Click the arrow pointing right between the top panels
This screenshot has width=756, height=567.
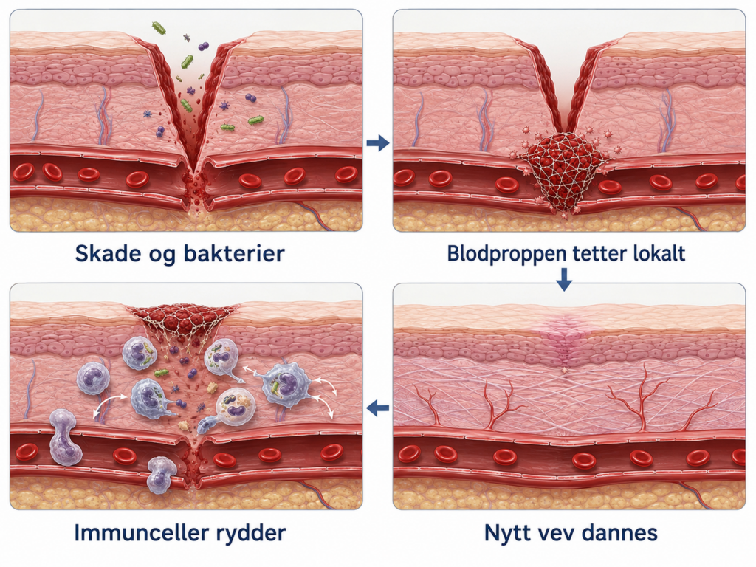pos(377,142)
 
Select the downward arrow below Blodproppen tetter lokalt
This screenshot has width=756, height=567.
pos(563,279)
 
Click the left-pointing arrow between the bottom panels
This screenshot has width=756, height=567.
pos(377,408)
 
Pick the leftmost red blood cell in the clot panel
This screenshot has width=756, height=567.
pos(403,178)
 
